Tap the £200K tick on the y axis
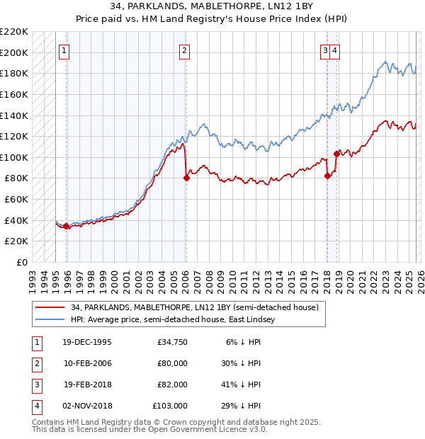[14, 52]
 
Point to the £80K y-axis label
[16, 178]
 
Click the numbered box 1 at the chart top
[64, 50]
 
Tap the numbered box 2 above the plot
[184, 50]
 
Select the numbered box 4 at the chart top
[334, 50]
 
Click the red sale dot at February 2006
[186, 178]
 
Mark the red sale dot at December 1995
[67, 226]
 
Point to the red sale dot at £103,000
[336, 154]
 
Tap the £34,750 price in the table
[172, 341]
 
